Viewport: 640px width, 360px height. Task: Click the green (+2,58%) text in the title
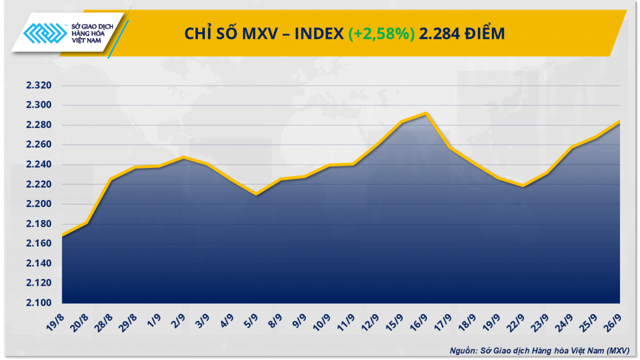382,34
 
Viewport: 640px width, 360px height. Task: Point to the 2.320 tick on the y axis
38,86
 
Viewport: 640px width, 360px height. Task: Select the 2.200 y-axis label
38,204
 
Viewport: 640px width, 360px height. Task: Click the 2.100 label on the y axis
38,303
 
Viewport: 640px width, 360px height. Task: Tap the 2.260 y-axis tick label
38,145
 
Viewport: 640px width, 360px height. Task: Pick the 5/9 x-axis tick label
251,318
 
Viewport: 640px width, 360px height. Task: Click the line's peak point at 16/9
427,113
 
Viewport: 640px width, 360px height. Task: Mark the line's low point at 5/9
256,194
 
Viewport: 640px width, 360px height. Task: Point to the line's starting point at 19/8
62,235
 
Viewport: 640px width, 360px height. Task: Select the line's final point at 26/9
619,121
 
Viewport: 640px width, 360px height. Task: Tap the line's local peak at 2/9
184,157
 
